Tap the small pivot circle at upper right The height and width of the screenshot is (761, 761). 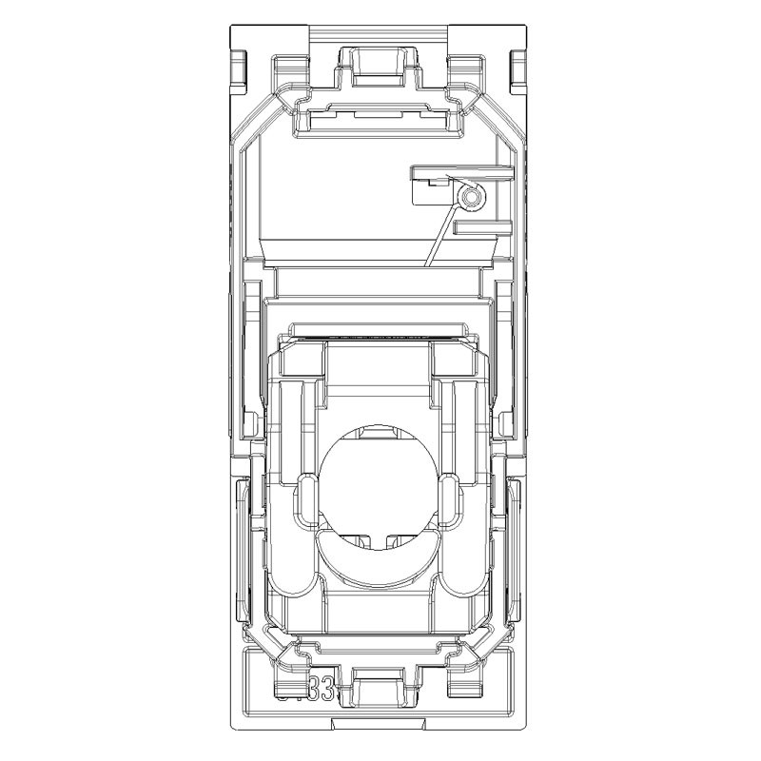(x=469, y=198)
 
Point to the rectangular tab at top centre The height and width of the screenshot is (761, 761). (x=380, y=62)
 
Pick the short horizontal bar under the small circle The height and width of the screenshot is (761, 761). (x=482, y=228)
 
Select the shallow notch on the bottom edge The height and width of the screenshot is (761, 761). (x=380, y=726)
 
